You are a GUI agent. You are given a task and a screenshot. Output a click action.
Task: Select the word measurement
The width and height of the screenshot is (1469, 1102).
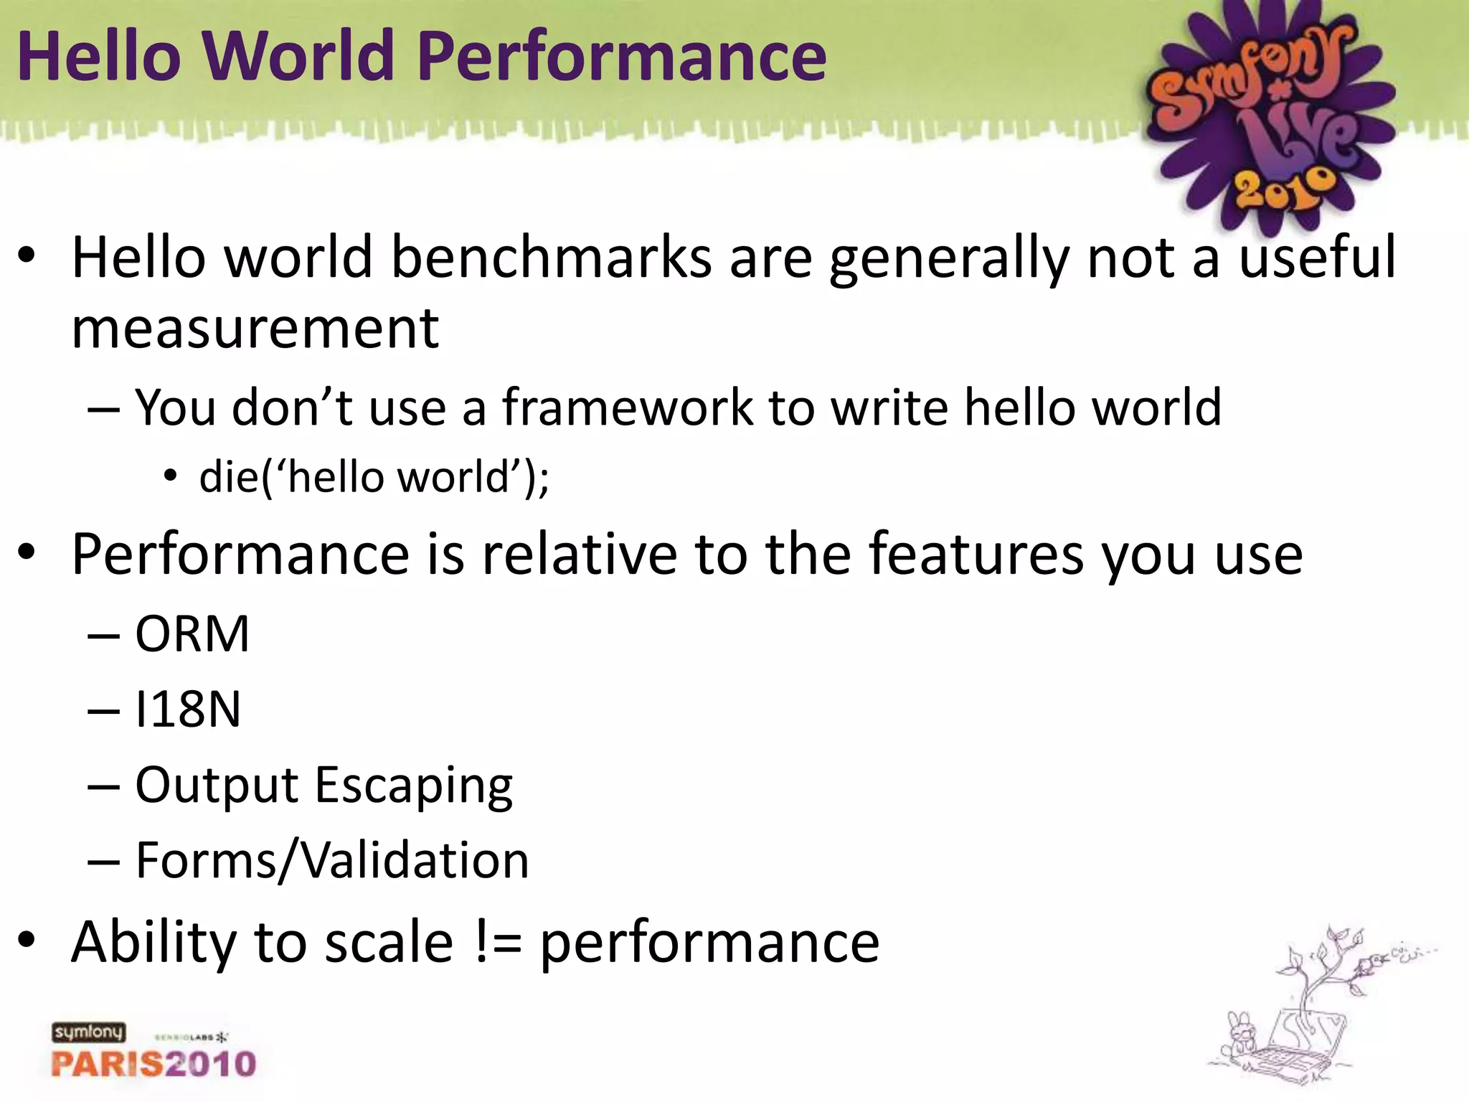pyautogui.click(x=255, y=329)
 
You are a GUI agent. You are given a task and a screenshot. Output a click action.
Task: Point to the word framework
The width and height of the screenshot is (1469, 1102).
pyautogui.click(x=628, y=408)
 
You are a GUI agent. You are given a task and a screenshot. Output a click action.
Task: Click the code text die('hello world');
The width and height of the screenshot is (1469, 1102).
pyautogui.click(x=374, y=477)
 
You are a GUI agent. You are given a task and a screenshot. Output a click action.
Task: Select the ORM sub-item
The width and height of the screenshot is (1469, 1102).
pyautogui.click(x=192, y=634)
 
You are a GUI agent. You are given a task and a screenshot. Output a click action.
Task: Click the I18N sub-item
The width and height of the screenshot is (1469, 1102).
pyautogui.click(x=188, y=710)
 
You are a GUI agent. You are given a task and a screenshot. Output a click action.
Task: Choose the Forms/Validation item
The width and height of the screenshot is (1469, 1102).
pyautogui.click(x=332, y=860)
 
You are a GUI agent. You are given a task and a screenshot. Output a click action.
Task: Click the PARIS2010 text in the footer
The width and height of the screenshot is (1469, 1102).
pyautogui.click(x=153, y=1063)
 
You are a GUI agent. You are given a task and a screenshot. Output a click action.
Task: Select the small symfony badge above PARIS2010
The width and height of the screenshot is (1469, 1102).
pyautogui.click(x=88, y=1032)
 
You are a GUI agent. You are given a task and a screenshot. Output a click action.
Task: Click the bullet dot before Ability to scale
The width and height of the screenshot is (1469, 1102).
pyautogui.click(x=27, y=941)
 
